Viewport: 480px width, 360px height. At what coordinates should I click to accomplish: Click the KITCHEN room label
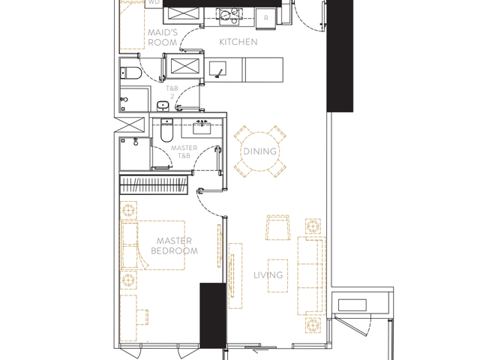point(238,42)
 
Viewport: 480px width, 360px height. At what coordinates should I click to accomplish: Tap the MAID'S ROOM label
point(163,37)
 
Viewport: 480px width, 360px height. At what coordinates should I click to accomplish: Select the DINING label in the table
point(260,151)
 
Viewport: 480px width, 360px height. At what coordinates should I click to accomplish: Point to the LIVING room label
point(268,275)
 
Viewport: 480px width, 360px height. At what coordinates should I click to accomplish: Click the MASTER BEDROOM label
point(174,246)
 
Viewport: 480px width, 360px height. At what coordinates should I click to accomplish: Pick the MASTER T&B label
point(184,151)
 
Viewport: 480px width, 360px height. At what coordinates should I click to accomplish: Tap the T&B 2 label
point(172,92)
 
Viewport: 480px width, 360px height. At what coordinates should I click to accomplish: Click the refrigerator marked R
point(266,18)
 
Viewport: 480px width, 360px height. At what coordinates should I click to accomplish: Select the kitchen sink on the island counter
point(217,68)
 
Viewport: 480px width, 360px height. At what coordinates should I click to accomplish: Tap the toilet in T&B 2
point(130,73)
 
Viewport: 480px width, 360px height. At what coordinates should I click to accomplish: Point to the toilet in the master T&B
point(166,130)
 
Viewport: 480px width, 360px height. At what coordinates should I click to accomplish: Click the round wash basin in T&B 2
point(163,106)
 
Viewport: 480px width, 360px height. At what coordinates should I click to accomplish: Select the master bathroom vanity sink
point(202,128)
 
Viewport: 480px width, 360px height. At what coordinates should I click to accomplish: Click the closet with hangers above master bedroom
point(154,185)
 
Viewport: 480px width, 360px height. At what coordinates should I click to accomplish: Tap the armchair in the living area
point(278,228)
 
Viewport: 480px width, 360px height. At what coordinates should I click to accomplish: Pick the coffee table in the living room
point(278,276)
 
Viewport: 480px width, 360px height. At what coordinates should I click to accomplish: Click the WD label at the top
point(154,2)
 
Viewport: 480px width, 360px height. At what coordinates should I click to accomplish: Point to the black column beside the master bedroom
point(213,316)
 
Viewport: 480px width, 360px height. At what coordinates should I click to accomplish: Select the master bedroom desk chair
point(142,317)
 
